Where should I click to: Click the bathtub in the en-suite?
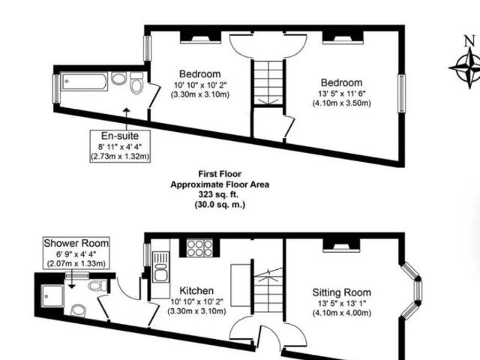[84, 82]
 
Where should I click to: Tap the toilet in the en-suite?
[136, 83]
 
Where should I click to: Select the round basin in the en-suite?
[118, 78]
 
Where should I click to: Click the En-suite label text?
[120, 136]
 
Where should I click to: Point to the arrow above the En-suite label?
[127, 118]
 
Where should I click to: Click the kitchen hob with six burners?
[199, 248]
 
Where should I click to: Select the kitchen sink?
[160, 266]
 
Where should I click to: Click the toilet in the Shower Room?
[97, 286]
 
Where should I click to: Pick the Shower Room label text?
[76, 243]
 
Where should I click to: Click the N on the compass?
[469, 41]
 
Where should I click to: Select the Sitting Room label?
[342, 292]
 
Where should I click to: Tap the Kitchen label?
[196, 290]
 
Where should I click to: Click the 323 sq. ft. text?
[218, 194]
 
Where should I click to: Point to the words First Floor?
[220, 174]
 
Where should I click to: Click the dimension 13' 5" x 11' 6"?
[342, 93]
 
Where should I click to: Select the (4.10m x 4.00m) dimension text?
[342, 313]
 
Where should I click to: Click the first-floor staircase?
[268, 82]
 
